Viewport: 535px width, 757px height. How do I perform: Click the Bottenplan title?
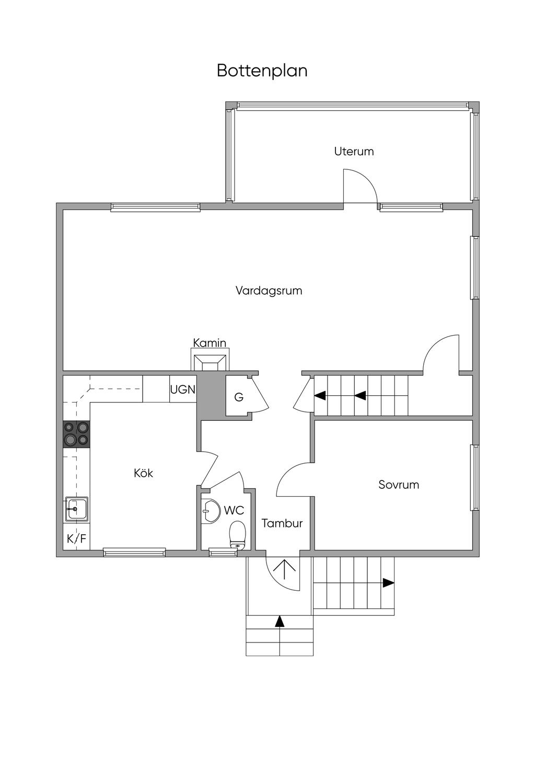262,71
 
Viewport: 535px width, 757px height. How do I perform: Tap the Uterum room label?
354,152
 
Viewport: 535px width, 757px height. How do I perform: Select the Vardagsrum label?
269,291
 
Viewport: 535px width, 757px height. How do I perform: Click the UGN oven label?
183,389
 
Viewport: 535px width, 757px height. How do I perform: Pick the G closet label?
239,397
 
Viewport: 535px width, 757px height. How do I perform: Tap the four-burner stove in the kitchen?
76,434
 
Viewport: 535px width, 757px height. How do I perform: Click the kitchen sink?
77,509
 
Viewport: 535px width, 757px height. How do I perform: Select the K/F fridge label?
76,538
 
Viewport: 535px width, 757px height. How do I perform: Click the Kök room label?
143,473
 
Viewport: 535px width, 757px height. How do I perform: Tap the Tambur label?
282,523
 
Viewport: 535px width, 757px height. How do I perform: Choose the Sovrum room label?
399,485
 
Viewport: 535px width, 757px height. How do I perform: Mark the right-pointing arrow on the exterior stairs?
388,582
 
